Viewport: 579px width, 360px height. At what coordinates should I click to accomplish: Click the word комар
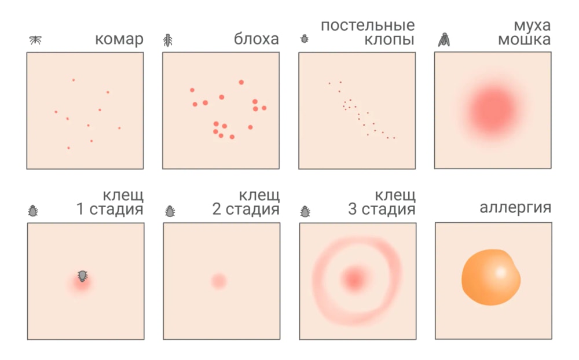119,40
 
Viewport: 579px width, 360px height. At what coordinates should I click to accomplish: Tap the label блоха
256,40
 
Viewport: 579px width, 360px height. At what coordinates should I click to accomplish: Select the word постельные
368,25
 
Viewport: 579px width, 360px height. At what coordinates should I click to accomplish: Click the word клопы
390,41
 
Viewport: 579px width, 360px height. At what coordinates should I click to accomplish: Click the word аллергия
515,208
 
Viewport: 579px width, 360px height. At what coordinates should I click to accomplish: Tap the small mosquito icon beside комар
36,40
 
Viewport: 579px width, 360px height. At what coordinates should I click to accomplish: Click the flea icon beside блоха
168,40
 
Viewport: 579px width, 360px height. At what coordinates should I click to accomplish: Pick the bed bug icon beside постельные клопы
305,40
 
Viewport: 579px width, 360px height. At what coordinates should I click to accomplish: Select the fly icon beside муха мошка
444,39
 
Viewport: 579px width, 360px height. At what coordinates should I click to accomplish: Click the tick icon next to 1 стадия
34,211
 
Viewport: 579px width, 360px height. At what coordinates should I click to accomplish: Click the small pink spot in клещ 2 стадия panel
218,281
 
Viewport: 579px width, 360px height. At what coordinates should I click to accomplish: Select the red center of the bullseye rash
354,279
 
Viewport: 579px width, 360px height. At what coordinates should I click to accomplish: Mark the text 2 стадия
245,209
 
